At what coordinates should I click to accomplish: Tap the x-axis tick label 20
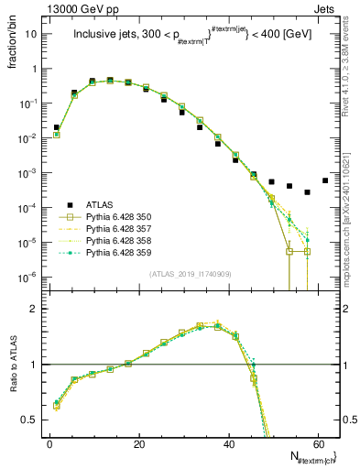138,442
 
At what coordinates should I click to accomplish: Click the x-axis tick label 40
227,442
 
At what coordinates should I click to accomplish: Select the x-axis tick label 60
316,442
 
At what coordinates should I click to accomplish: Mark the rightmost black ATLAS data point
324,180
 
